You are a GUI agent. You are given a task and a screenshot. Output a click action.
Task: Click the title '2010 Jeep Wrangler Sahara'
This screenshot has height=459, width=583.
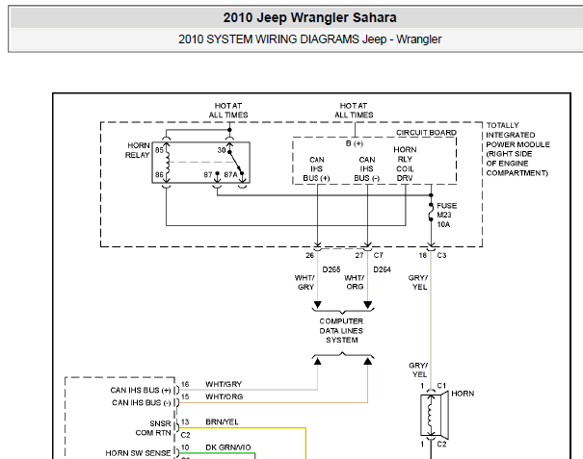pos(309,18)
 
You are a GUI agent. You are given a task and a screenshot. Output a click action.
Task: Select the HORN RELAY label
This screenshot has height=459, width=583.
pos(138,150)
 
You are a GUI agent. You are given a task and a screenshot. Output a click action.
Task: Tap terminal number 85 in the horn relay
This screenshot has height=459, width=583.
pos(159,150)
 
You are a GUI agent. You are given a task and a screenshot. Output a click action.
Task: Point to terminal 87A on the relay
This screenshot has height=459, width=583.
pos(230,174)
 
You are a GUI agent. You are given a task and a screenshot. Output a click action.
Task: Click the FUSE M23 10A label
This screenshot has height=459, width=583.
pos(446,215)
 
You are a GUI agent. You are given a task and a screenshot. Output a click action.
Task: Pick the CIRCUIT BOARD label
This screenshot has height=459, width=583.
pos(426,133)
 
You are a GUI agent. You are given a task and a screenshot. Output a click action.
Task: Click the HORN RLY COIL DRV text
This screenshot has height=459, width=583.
pos(405,164)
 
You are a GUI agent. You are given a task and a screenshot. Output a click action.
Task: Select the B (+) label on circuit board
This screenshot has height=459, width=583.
pos(354,143)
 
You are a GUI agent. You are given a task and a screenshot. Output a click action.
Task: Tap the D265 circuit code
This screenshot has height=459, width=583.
pos(331,269)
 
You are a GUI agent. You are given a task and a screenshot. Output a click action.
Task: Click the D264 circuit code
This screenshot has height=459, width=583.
pos(382,269)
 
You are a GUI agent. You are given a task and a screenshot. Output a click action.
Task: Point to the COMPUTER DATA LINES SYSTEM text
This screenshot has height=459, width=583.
pos(341,330)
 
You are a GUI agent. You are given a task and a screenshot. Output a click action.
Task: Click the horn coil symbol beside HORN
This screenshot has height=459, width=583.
pos(432,415)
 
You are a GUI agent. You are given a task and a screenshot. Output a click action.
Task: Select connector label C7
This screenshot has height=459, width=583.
pos(378,255)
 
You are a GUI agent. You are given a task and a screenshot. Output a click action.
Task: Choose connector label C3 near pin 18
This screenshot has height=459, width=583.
pos(441,255)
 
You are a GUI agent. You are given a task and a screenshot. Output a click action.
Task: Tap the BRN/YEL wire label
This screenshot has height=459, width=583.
pos(222,421)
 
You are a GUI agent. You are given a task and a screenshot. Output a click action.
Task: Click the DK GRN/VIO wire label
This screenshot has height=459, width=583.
pos(228,447)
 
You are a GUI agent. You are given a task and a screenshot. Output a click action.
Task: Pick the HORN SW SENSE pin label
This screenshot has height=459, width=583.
pos(138,453)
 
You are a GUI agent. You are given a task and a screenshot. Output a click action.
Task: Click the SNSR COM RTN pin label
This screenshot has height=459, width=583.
pos(153,428)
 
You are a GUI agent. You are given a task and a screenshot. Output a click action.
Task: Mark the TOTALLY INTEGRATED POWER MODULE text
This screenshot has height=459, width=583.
pos(517,149)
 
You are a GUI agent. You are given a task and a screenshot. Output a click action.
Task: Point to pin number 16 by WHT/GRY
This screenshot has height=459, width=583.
pos(185,384)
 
